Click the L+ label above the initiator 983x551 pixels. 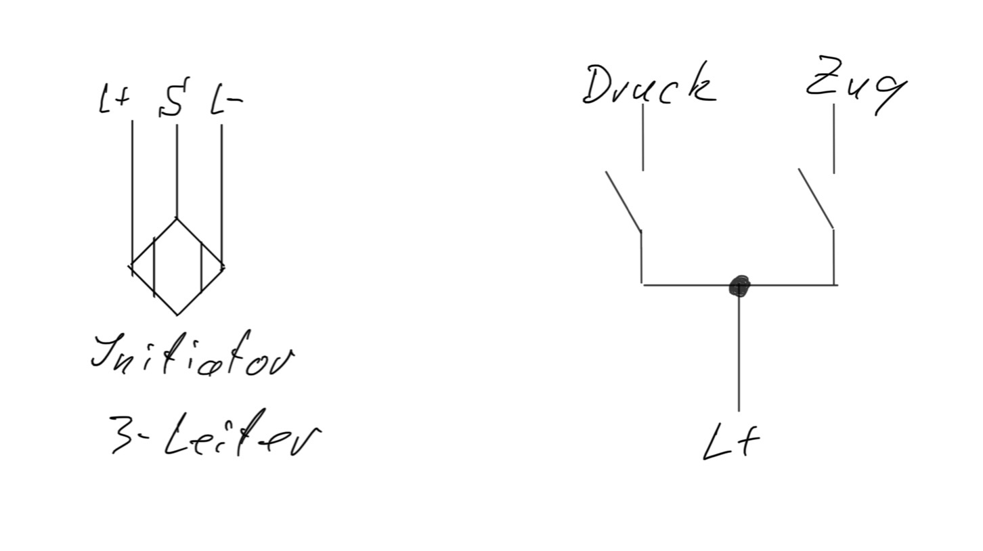point(114,100)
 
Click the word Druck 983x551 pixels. point(649,86)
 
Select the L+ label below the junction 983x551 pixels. point(731,442)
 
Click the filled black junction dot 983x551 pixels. point(739,286)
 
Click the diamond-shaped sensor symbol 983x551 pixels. point(177,267)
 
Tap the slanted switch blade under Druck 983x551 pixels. point(623,200)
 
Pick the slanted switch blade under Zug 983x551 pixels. point(816,198)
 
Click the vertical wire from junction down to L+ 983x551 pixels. point(739,352)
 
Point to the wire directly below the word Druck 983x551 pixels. point(642,137)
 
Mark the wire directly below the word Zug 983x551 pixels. point(833,139)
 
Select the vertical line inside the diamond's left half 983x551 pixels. point(155,267)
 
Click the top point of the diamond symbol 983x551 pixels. point(177,219)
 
